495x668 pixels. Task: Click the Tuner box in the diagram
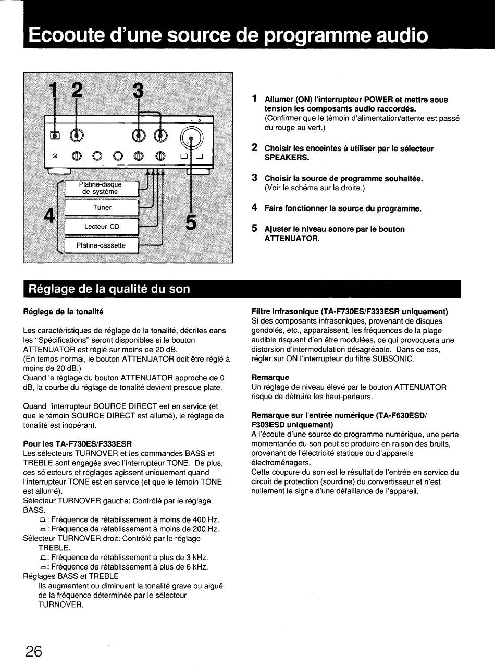point(102,207)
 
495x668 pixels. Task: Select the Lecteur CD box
point(102,226)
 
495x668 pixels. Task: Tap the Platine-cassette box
point(101,245)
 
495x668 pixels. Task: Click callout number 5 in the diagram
point(191,221)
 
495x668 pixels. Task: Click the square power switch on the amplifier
point(54,135)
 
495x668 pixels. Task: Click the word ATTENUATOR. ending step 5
point(292,238)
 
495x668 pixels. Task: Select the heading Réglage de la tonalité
point(64,312)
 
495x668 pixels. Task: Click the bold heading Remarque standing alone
point(270,377)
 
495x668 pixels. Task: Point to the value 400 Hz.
point(206,519)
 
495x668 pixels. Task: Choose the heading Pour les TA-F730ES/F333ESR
point(78,444)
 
